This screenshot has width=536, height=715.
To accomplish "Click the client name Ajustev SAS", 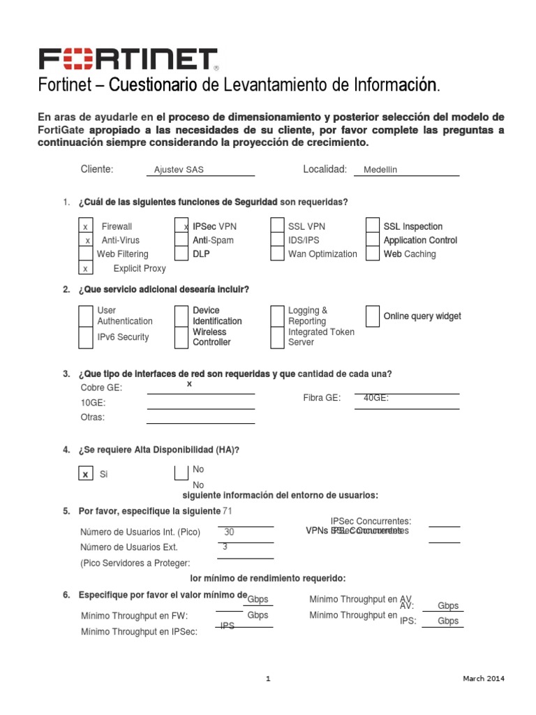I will pos(179,170).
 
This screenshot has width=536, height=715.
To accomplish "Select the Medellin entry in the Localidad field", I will pos(380,170).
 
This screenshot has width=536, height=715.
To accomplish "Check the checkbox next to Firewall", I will pos(85,227).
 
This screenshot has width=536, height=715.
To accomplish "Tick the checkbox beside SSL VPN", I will pos(277,227).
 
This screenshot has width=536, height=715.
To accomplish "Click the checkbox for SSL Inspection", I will pos(373,227).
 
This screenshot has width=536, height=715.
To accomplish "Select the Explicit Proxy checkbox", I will pos(85,268).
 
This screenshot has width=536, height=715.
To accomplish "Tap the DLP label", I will pos(201,254).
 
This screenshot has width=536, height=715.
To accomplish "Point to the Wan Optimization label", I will pos(322,254).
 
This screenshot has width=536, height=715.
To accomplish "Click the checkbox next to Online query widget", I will pos(373,316).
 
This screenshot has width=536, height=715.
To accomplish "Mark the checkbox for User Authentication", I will pos(85,316).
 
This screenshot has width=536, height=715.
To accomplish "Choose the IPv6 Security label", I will pos(123,337).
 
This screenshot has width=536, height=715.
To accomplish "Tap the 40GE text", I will pos(376,398).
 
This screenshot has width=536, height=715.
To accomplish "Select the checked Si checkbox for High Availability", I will pos(85,474).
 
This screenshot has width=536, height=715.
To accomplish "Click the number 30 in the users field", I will pos(229,532).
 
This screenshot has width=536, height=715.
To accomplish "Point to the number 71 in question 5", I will pos(227,511).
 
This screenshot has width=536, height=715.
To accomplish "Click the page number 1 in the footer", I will pos(268,679).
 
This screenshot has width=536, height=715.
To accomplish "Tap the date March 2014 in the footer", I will pos(484,679).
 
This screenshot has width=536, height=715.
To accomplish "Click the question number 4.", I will pos(66,450).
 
